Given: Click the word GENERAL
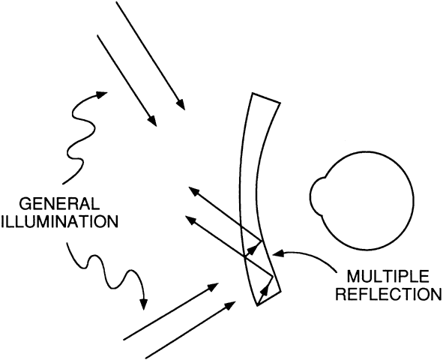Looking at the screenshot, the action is click(x=59, y=204).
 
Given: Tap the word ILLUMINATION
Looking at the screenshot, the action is click(x=59, y=221).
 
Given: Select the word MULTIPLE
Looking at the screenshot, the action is click(x=388, y=276).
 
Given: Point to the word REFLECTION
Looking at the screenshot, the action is click(x=389, y=294).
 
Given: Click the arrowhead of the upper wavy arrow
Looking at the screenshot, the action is click(x=101, y=95).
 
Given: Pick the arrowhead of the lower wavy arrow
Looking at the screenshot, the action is click(x=144, y=304).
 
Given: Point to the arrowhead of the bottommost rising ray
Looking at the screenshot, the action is click(x=230, y=305).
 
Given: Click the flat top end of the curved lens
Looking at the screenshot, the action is click(x=266, y=97).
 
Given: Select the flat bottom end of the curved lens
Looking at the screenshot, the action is click(x=269, y=298).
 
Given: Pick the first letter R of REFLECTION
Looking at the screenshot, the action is click(x=341, y=294).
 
